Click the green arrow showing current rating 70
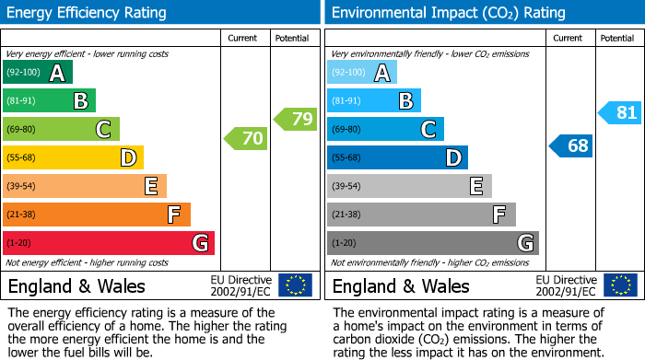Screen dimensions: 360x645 click(x=246, y=139)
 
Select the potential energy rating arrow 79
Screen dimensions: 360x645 click(x=296, y=119)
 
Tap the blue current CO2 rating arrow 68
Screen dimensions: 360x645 click(x=571, y=145)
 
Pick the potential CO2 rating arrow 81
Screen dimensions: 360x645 click(x=619, y=113)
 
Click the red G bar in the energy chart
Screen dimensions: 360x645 click(x=109, y=243)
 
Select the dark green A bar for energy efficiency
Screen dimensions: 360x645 click(x=38, y=73)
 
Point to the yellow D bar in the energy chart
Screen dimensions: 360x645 click(x=73, y=158)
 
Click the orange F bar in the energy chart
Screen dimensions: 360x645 click(x=97, y=215)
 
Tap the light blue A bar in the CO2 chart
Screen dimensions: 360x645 click(x=362, y=73)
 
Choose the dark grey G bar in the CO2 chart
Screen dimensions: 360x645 click(x=433, y=243)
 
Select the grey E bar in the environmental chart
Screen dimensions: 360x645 click(x=409, y=186)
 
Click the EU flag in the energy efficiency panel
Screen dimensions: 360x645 click(x=295, y=285)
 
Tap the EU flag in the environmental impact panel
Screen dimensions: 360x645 click(x=619, y=285)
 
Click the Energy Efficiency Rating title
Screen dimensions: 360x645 click(x=88, y=13)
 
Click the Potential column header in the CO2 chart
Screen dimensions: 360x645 click(x=616, y=38)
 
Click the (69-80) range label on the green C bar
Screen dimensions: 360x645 click(x=22, y=130)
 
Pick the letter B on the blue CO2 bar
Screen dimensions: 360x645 click(x=405, y=101)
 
